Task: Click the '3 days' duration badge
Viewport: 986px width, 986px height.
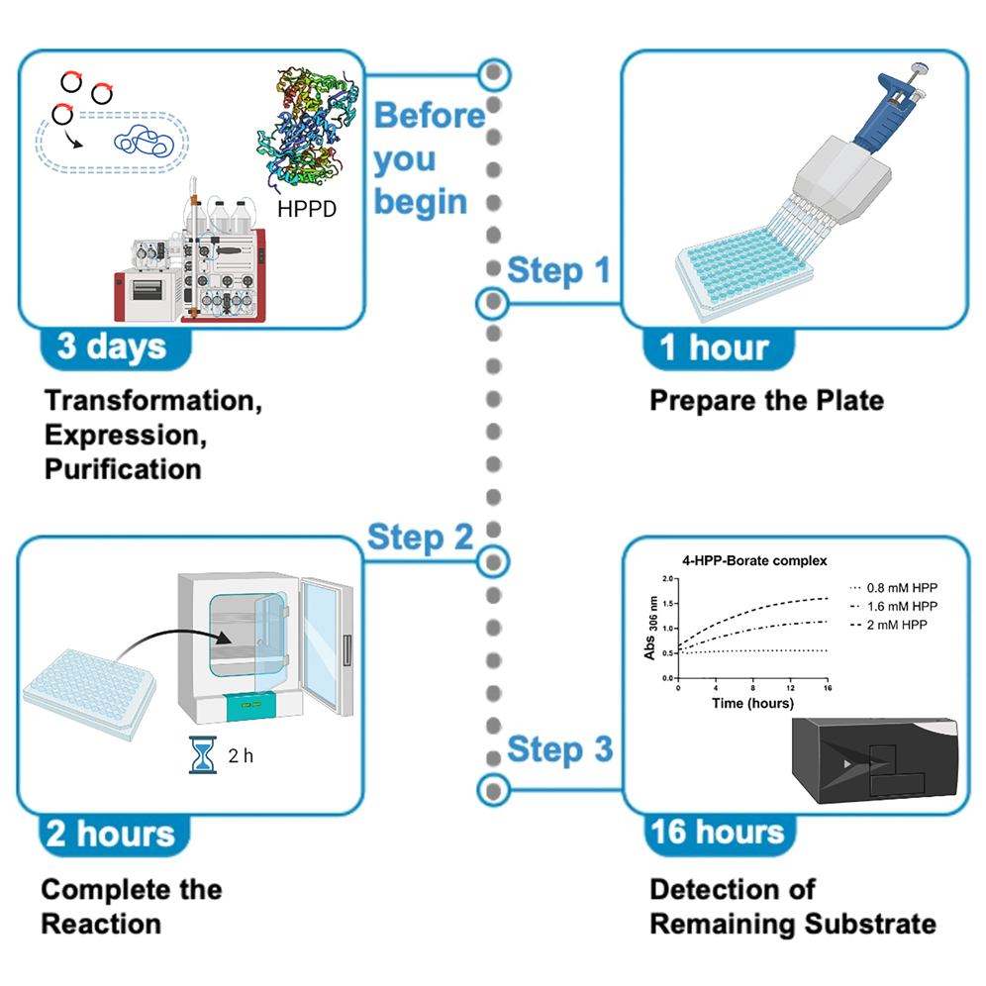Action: [111, 347]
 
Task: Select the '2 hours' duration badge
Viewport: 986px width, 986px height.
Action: [111, 834]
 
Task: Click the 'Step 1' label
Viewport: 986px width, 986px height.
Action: [559, 269]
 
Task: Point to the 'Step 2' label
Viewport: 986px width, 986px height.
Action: [420, 538]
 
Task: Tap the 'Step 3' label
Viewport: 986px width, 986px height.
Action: [559, 749]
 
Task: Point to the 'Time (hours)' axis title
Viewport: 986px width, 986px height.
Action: [751, 702]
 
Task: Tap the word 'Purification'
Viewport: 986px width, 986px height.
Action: [122, 468]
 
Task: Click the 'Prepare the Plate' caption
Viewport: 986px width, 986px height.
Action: [765, 401]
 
